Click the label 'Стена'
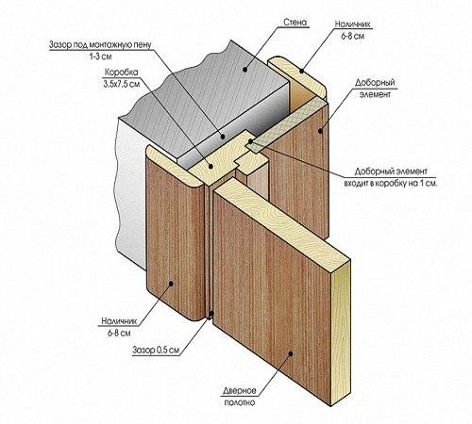click(x=295, y=23)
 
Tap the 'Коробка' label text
click(x=121, y=73)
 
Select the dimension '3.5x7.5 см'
click(x=122, y=84)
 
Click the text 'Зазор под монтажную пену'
click(x=100, y=44)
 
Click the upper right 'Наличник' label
click(x=352, y=24)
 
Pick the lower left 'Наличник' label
click(x=119, y=321)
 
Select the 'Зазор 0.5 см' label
click(x=156, y=350)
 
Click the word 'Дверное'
click(x=240, y=391)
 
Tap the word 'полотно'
click(x=240, y=402)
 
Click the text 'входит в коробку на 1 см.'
click(x=391, y=184)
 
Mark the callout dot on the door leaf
click(x=291, y=353)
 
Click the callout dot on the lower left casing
click(x=171, y=284)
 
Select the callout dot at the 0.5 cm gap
click(x=211, y=313)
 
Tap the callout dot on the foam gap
click(x=223, y=137)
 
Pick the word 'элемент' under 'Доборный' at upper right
click(x=375, y=94)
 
